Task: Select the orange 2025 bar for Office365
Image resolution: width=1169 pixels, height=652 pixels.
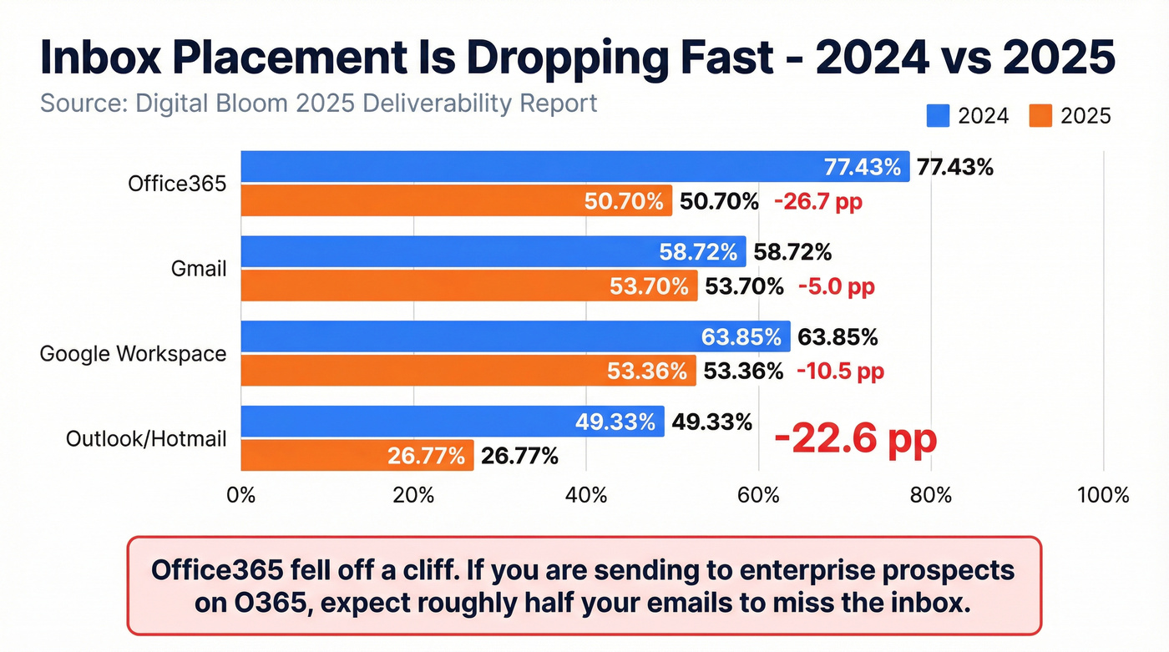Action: click(456, 201)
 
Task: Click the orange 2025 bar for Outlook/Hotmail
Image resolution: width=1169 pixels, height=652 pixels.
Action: click(357, 456)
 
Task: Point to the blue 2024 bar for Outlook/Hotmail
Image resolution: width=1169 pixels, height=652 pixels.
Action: click(452, 422)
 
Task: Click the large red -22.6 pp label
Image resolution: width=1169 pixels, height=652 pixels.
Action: click(855, 439)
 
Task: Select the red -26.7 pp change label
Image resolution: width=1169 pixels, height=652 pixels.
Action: click(817, 201)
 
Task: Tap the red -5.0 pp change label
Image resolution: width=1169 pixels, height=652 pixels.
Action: click(836, 287)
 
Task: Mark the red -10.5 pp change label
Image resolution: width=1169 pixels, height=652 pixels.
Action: click(839, 371)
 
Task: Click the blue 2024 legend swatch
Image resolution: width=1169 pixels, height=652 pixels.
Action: click(939, 116)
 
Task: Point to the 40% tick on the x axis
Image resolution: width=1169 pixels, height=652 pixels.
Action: click(586, 495)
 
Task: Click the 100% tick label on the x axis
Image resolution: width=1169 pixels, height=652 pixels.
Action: click(1102, 495)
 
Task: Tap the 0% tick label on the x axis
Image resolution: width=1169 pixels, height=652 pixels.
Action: click(241, 495)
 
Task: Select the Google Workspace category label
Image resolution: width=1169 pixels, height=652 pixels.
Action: click(133, 354)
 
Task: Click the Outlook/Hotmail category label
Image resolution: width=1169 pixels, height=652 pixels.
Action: click(146, 438)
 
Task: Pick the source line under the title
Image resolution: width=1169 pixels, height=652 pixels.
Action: click(318, 104)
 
